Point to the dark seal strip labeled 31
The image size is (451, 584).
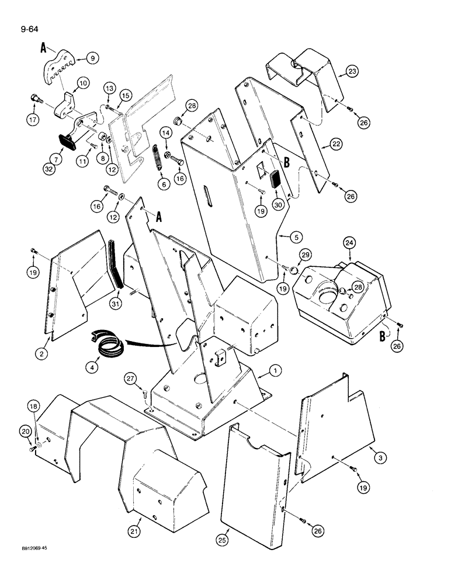coord(117,260)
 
